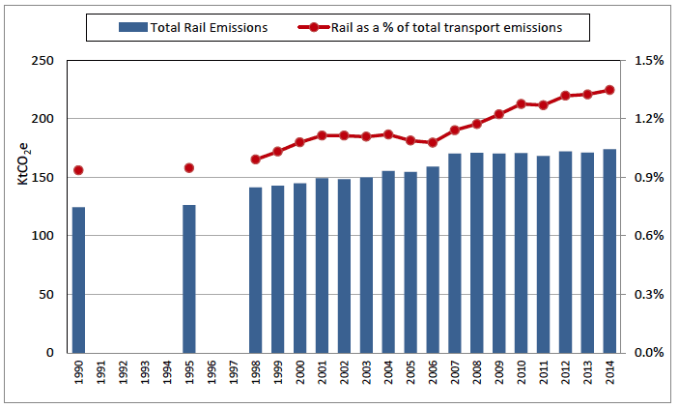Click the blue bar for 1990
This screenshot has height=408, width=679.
[x=78, y=279]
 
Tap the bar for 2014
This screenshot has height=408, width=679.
[x=609, y=250]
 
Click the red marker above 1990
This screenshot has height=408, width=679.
[x=78, y=170]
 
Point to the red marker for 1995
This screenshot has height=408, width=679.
[x=189, y=168]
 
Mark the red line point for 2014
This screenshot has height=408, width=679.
[x=609, y=90]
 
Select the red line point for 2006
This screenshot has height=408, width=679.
[x=433, y=143]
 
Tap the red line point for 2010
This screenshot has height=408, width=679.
[x=522, y=103]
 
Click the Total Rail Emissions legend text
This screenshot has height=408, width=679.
[x=209, y=28]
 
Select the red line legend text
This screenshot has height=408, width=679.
[x=446, y=28]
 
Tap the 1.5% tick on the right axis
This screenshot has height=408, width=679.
[x=648, y=61]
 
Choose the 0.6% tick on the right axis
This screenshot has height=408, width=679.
[x=648, y=236]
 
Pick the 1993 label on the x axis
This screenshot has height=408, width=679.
[x=145, y=373]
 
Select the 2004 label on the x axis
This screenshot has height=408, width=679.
[x=388, y=373]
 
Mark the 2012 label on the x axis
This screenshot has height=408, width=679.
[x=566, y=373]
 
